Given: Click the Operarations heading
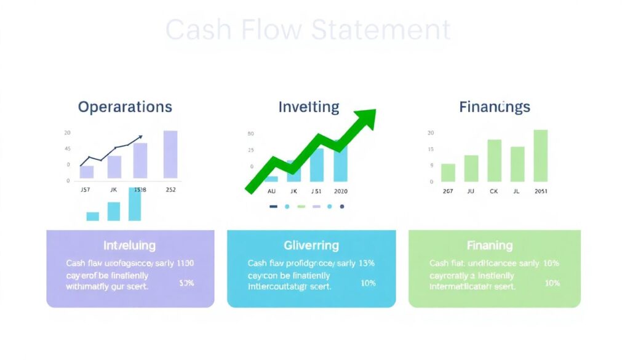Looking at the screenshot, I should click(125, 107).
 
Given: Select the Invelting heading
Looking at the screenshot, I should click(309, 107).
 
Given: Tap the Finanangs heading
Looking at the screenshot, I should click(494, 107).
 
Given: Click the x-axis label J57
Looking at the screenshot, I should click(86, 190).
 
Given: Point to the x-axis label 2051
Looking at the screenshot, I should click(540, 191).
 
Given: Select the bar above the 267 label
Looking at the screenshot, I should click(448, 172).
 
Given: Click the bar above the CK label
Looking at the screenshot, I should click(494, 160).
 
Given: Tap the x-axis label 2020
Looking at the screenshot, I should click(340, 191).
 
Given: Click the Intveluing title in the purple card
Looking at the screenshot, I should click(130, 246).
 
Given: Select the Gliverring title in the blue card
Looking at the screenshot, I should click(311, 246).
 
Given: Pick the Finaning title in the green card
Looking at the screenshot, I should click(490, 246).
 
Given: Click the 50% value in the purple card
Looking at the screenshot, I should click(186, 283).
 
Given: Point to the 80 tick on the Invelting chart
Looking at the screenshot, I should click(250, 134).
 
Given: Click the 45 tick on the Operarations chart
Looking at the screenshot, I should click(67, 149).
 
